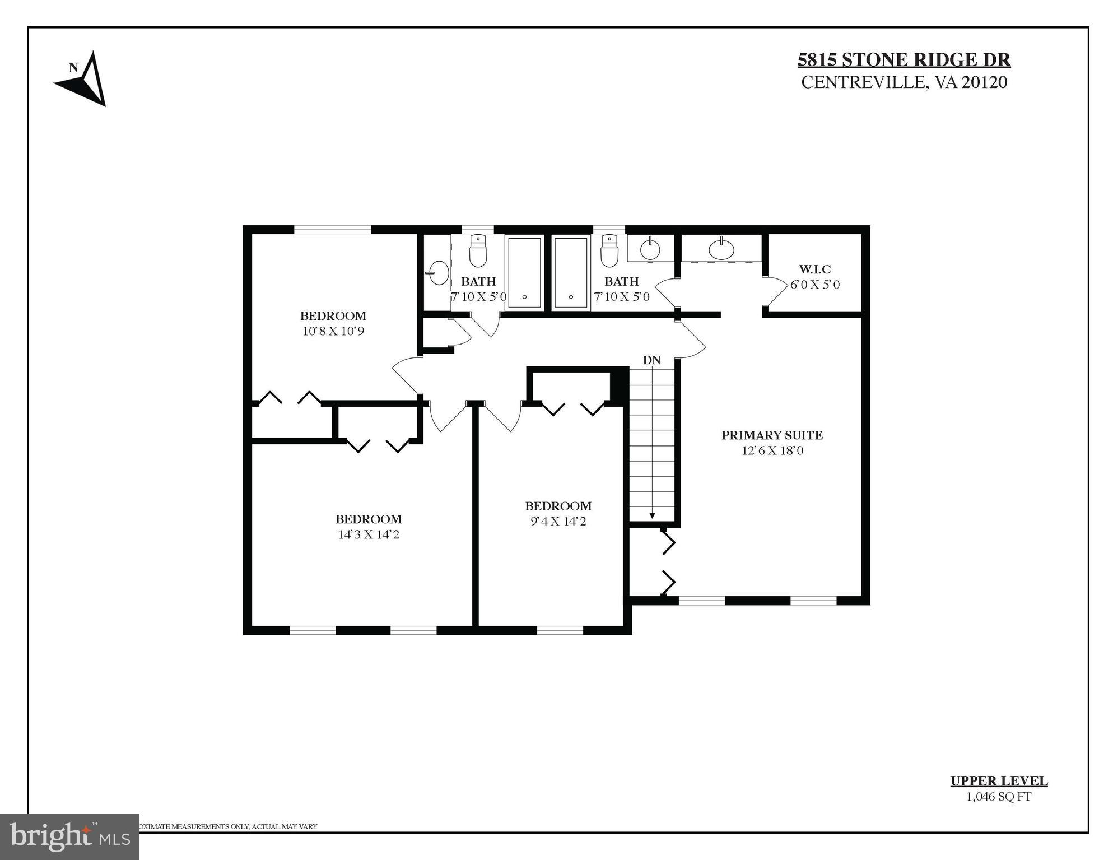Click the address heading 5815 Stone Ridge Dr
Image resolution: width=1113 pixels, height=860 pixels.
tap(904, 59)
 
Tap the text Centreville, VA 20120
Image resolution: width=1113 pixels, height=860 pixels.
tap(904, 82)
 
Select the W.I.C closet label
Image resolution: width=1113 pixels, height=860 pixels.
tap(814, 269)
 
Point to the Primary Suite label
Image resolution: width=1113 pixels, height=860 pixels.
tap(772, 435)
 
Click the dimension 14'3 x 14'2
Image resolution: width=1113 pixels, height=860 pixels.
tap(368, 534)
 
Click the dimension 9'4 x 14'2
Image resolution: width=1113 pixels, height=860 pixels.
tap(558, 522)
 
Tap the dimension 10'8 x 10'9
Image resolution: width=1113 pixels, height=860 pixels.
tap(333, 331)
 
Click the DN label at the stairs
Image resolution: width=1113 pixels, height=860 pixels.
tap(651, 360)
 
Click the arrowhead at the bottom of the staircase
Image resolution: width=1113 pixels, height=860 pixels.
tap(652, 515)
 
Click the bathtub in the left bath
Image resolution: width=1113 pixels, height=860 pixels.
tap(524, 272)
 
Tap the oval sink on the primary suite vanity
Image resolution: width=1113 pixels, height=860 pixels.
tap(721, 249)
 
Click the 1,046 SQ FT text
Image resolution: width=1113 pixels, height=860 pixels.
tap(998, 797)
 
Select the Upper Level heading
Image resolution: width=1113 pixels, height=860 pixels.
tap(998, 781)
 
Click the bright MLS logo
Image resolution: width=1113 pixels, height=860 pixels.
tap(69, 836)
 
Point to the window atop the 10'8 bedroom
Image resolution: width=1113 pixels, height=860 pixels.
tap(333, 229)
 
